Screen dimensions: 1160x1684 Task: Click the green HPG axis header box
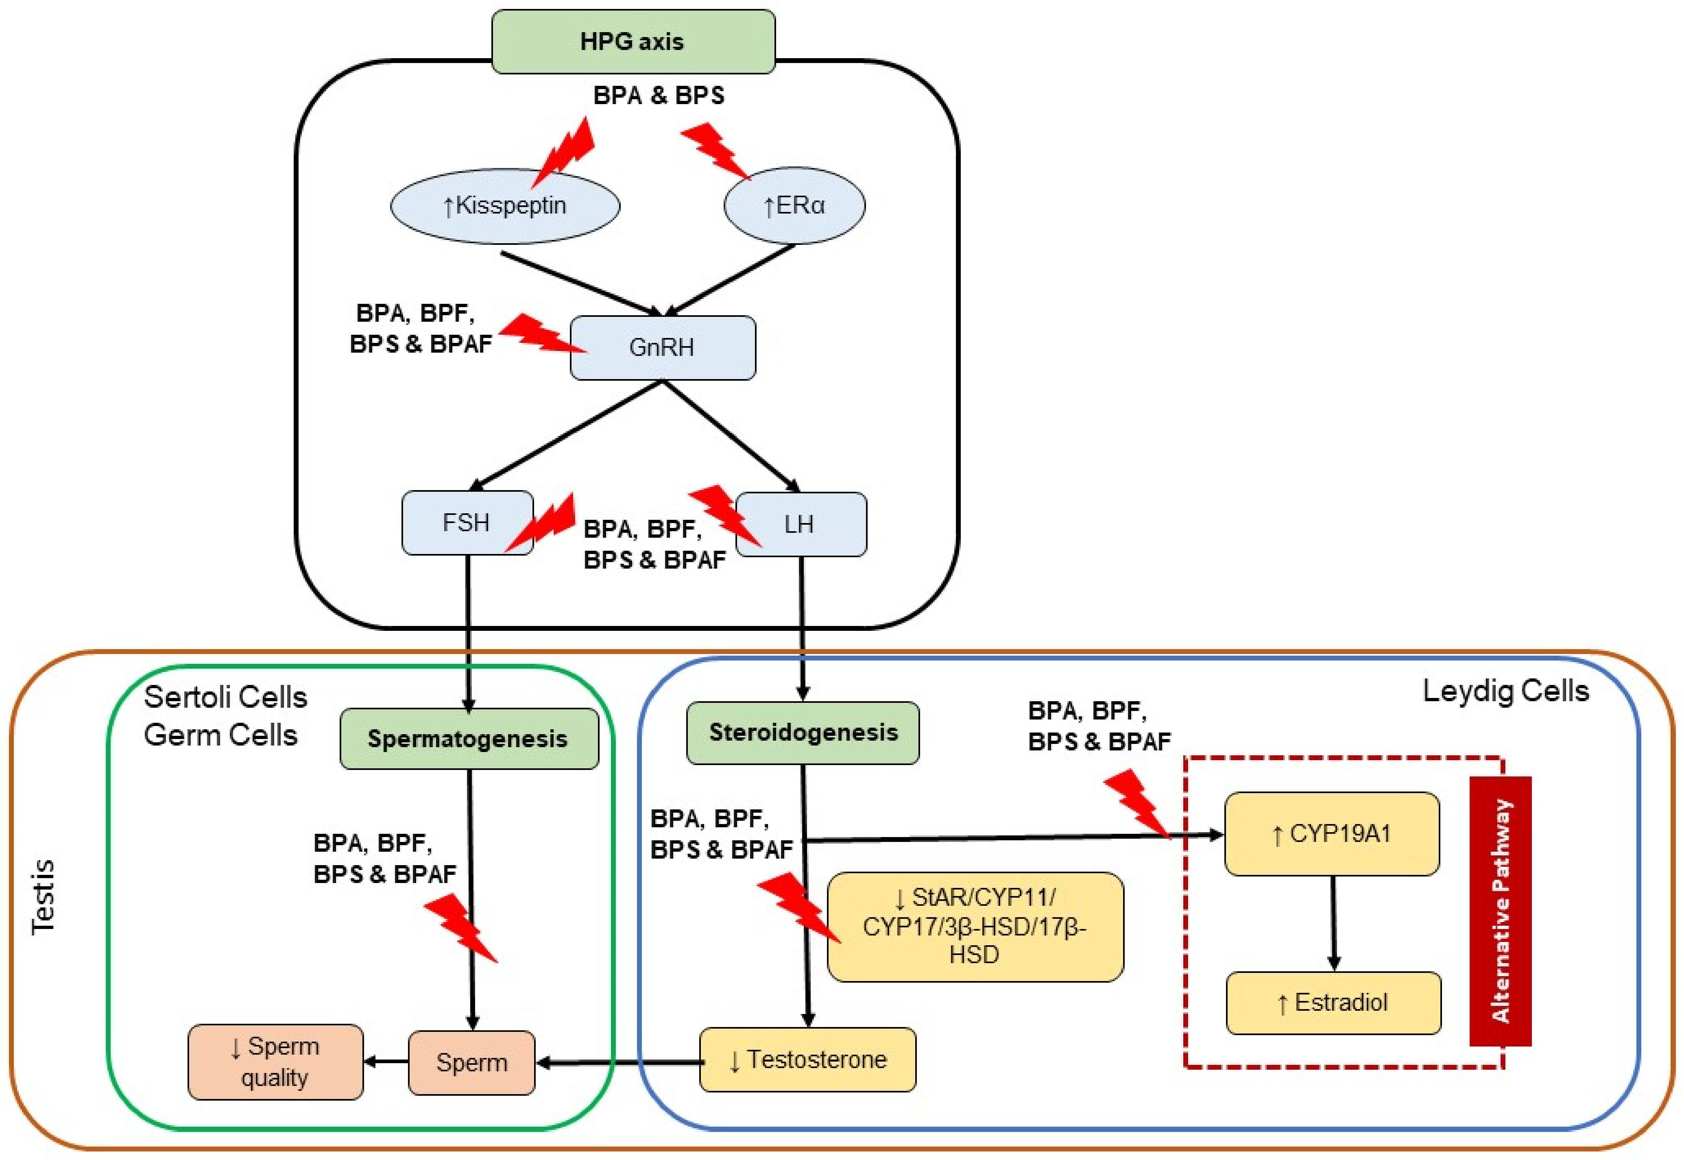633,41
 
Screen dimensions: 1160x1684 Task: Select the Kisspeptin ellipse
505,206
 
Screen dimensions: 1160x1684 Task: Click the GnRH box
662,347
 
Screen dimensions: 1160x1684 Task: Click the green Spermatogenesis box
469,739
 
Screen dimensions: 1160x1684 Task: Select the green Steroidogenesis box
803,733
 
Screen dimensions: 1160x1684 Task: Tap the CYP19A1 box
1331,834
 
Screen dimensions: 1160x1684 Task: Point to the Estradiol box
1333,1003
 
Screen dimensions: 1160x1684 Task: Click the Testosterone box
807,1060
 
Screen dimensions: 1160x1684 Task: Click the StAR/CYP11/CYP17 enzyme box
975,927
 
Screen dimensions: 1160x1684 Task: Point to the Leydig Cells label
1505,691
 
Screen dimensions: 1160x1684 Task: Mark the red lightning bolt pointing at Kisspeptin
565,153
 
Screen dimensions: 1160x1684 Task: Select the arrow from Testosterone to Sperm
618,1063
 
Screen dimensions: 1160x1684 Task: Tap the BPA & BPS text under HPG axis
659,95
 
